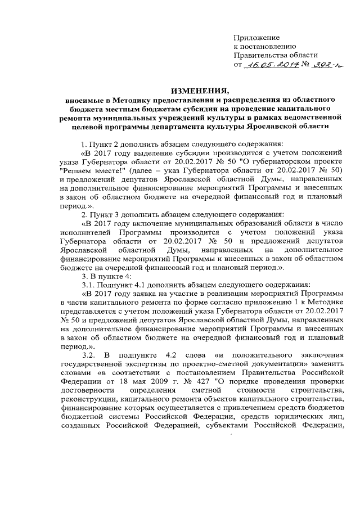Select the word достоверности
(x=85, y=391)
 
